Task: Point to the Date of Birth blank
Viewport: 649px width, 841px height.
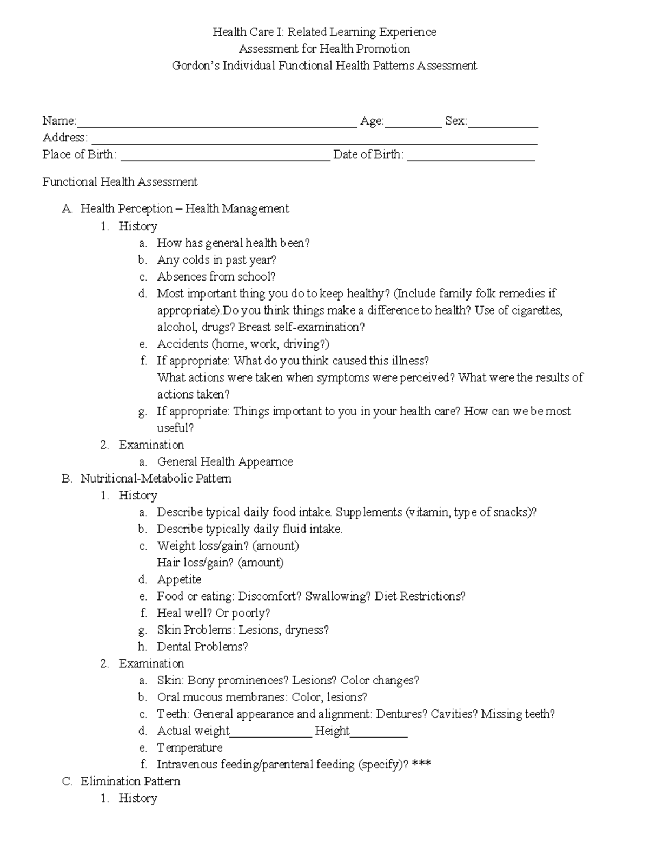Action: (x=471, y=158)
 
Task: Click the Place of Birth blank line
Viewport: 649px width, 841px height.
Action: (x=225, y=158)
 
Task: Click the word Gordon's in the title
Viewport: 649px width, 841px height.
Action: (x=195, y=66)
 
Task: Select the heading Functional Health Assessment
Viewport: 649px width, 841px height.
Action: (x=120, y=182)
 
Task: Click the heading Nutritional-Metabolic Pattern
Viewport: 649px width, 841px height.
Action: (x=156, y=479)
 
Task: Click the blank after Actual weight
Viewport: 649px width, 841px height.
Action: (x=271, y=734)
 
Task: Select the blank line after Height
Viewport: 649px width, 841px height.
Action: (x=379, y=734)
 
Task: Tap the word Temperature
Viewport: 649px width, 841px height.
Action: (x=189, y=748)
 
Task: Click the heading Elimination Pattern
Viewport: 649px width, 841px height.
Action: (x=130, y=781)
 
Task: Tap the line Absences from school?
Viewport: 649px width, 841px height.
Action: (x=216, y=277)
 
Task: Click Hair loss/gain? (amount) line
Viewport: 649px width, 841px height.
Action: (x=220, y=563)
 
